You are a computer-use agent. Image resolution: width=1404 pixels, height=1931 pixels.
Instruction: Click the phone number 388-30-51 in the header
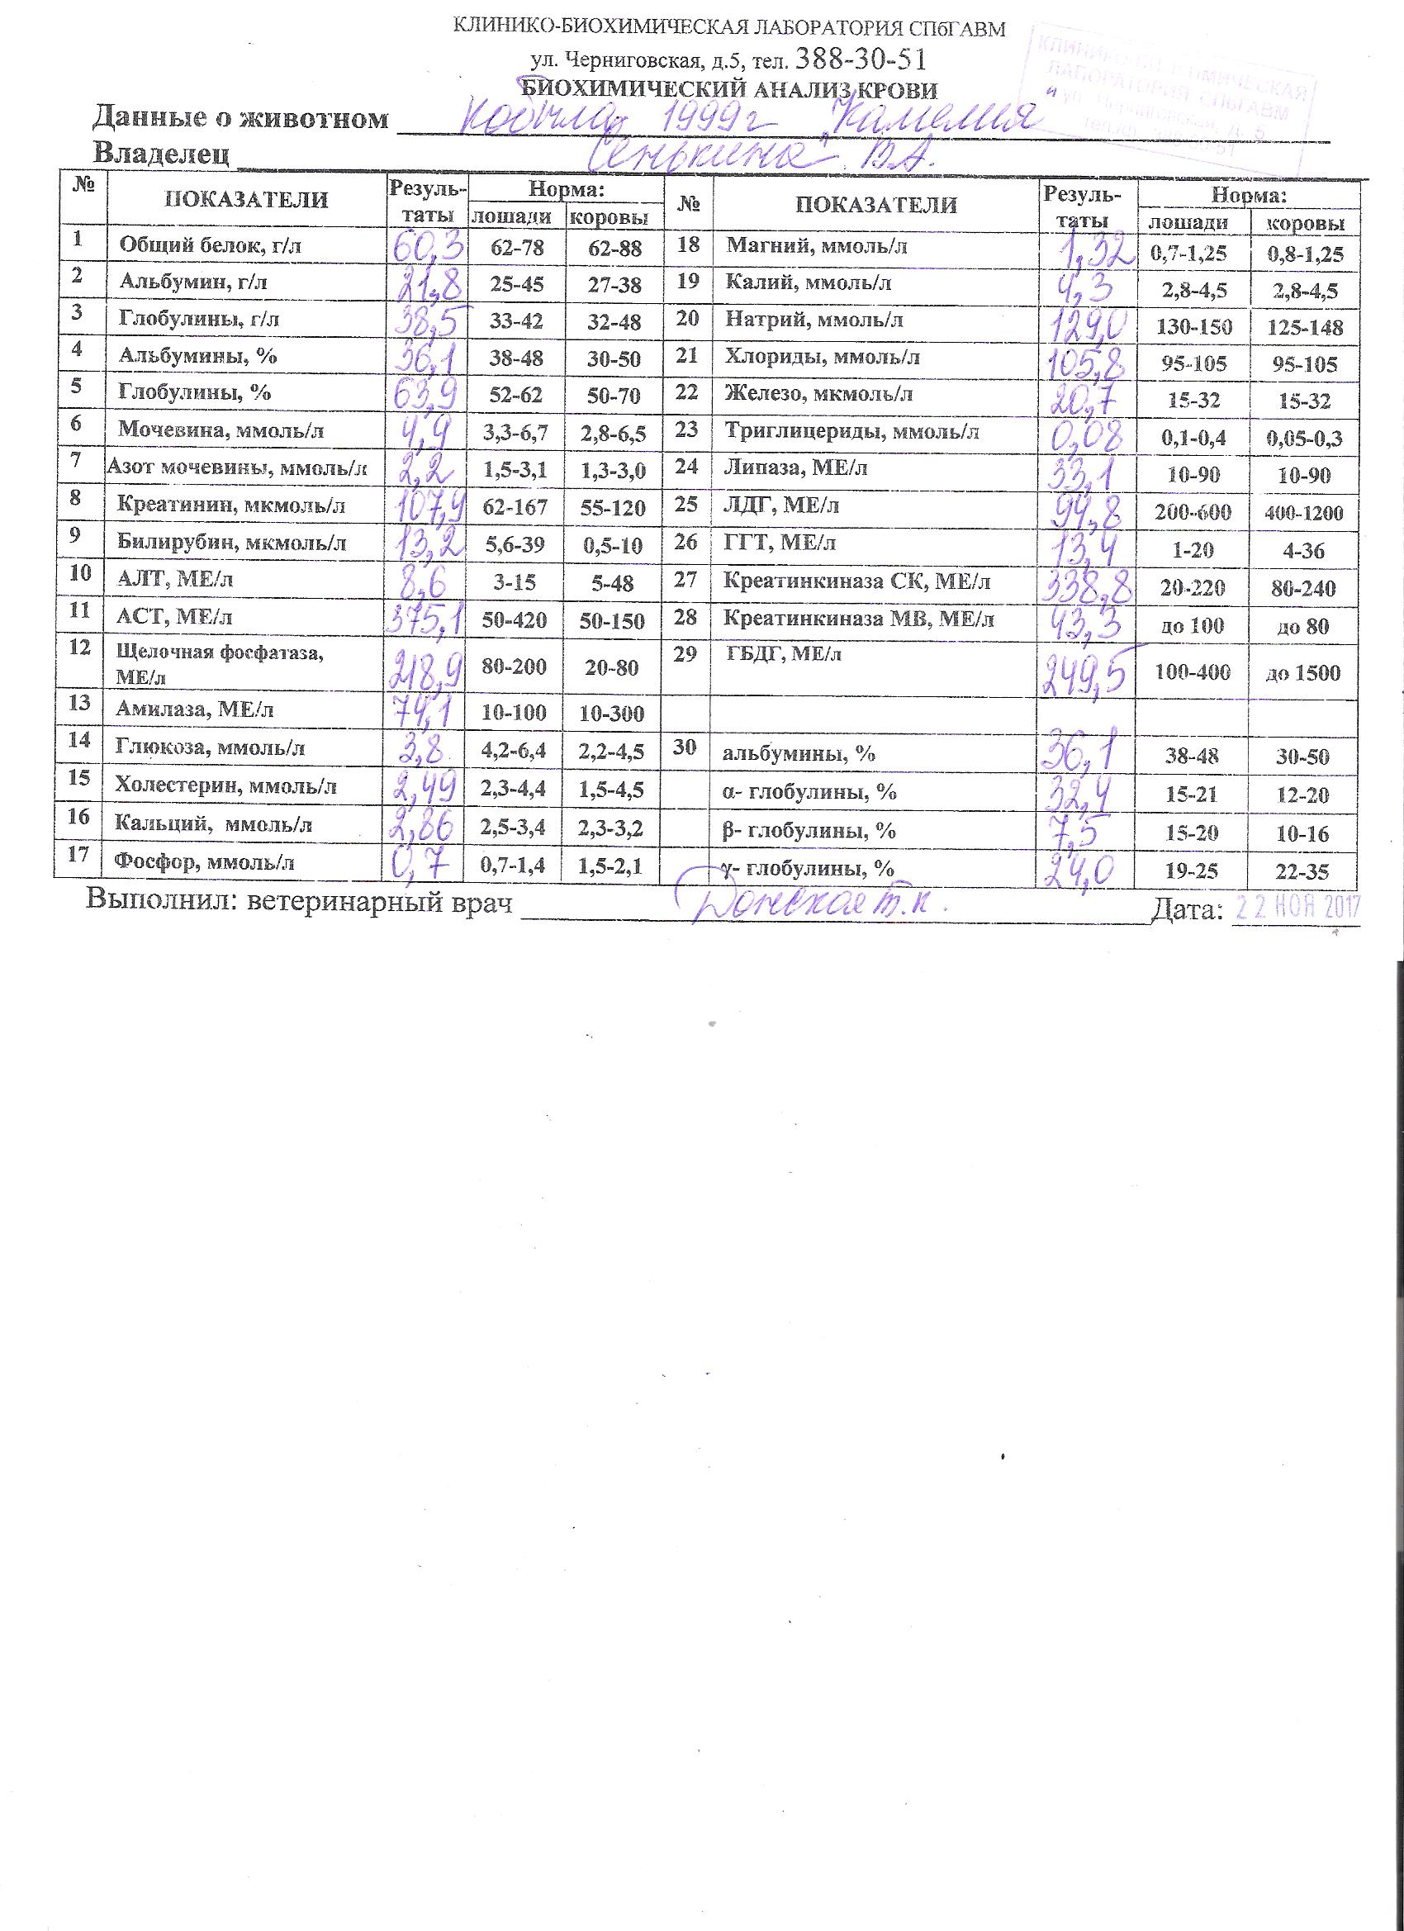click(860, 59)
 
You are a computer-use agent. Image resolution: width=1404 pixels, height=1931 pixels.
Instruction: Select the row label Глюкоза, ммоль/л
click(211, 748)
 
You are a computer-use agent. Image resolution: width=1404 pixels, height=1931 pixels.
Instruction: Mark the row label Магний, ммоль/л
click(816, 247)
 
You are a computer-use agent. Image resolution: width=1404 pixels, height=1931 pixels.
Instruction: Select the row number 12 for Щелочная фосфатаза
click(79, 647)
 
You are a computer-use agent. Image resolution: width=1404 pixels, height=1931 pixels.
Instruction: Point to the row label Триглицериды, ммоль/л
click(851, 433)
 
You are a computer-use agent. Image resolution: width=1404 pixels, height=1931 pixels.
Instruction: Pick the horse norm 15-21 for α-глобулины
click(1194, 795)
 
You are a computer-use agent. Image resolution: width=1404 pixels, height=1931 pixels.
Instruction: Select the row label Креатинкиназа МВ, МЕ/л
click(858, 619)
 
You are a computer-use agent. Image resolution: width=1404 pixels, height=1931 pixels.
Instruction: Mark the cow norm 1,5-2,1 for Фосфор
click(611, 867)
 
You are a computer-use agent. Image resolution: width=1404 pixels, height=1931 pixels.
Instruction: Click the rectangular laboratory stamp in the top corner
click(1175, 93)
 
